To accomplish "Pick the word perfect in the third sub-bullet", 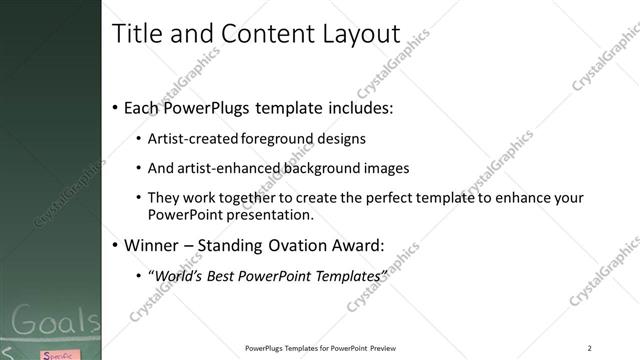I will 386,198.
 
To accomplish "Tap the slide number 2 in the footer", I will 590,348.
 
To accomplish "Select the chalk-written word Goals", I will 56,324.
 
